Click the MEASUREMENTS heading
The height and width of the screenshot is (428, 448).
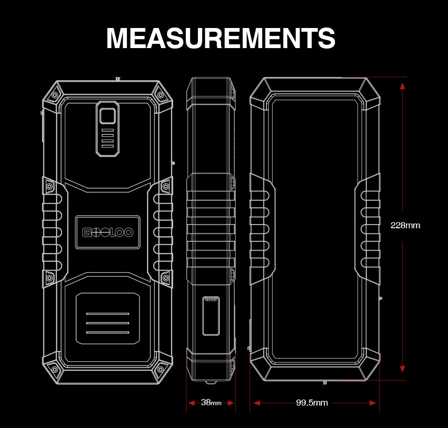point(221,38)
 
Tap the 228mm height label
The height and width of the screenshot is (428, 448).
point(405,225)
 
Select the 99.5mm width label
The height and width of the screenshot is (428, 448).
point(312,403)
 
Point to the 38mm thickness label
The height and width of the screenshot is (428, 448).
point(211,402)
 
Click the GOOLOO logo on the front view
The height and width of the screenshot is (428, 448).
point(108,232)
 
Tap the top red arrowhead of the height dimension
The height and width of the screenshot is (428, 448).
point(403,86)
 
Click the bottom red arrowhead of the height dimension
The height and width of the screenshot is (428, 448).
point(403,369)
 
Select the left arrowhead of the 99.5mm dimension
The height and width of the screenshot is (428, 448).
point(257,403)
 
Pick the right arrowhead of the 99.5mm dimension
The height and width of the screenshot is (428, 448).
point(373,403)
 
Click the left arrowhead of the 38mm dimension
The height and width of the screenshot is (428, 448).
point(191,403)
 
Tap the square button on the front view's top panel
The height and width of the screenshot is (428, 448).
point(107,116)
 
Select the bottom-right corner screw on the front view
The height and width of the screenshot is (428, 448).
point(161,370)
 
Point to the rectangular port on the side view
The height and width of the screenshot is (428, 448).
point(211,316)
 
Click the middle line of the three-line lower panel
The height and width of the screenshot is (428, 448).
point(107,323)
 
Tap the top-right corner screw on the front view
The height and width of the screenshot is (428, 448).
point(161,95)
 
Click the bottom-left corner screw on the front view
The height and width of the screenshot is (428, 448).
point(55,370)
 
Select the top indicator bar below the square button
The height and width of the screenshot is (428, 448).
point(107,130)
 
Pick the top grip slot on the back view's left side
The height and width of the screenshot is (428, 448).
point(259,196)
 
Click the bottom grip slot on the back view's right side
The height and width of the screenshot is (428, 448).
point(371,263)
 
